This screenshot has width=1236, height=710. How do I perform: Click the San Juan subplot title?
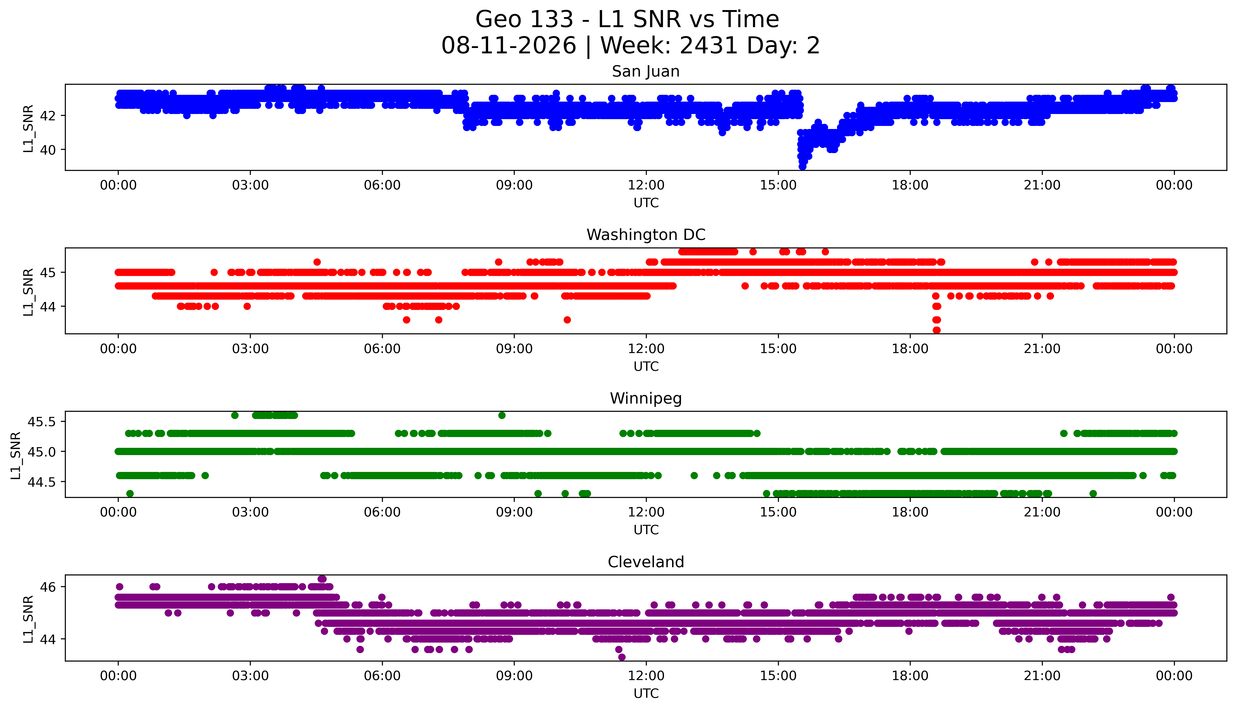(x=646, y=72)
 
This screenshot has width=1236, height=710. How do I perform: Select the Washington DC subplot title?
(x=646, y=235)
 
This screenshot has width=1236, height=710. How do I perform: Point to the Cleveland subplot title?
(x=646, y=562)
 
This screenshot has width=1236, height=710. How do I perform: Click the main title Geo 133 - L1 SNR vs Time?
(x=627, y=19)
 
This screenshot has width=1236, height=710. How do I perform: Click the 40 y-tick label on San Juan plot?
(x=48, y=150)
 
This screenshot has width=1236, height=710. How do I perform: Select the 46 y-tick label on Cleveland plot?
(x=48, y=587)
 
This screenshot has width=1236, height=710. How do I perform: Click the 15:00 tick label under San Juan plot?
(x=778, y=185)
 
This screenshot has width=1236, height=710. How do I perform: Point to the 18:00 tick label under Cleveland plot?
(x=910, y=676)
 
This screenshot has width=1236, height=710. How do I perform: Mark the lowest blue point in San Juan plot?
(x=802, y=167)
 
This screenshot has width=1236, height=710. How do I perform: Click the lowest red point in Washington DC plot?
(x=936, y=330)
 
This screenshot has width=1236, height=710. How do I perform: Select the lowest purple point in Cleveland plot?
(x=622, y=657)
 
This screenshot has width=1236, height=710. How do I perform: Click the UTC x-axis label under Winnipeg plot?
(x=646, y=530)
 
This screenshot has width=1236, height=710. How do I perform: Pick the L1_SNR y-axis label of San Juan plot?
(x=28, y=128)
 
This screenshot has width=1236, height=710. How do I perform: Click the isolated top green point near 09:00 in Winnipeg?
(x=502, y=416)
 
